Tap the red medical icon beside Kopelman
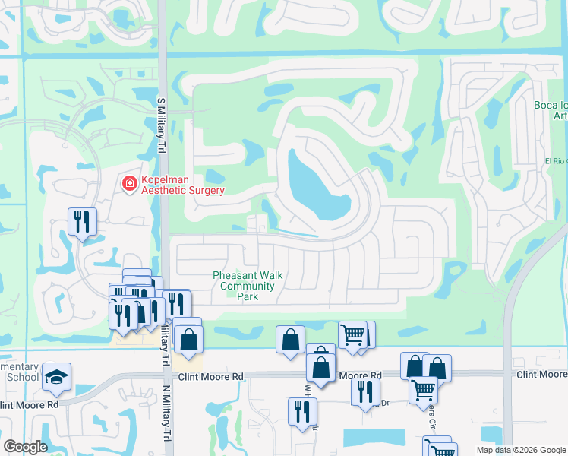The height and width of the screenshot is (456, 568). [129, 183]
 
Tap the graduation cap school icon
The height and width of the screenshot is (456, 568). [56, 377]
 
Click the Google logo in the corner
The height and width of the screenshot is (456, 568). [25, 447]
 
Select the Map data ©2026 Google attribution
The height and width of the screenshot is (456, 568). [520, 450]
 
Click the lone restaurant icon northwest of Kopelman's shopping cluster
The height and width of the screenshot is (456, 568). [82, 221]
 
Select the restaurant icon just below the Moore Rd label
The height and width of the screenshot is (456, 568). [365, 391]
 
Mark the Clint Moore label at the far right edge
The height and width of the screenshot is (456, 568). [541, 375]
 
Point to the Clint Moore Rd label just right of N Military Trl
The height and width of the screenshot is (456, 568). [210, 377]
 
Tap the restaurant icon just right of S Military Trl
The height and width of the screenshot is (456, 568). [176, 304]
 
